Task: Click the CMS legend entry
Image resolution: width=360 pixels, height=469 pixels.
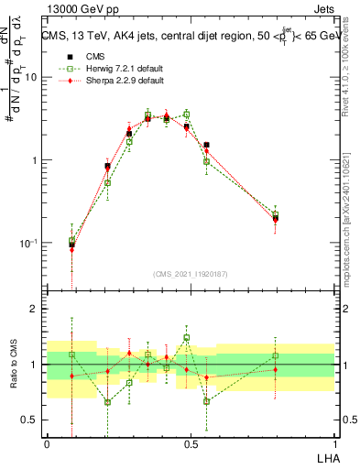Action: [x=92, y=57]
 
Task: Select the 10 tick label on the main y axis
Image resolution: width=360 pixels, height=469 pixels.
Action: [x=31, y=77]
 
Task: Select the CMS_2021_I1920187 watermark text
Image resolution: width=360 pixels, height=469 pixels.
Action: [x=191, y=273]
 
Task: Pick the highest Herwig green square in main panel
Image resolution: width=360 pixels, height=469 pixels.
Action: [x=187, y=115]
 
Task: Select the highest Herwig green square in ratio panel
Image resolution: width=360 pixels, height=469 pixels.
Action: [x=187, y=337]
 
